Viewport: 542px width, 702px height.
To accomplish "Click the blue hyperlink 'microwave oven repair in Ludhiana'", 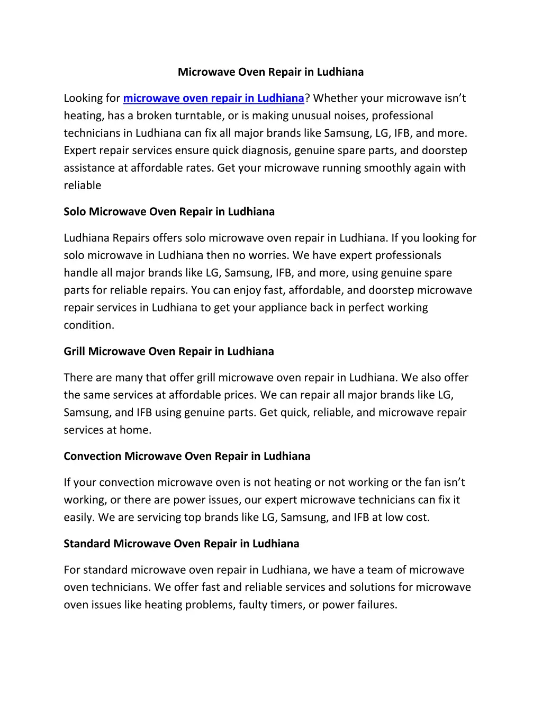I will pyautogui.click(x=213, y=98).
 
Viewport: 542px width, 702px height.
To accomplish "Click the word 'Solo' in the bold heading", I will pyautogui.click(x=75, y=211).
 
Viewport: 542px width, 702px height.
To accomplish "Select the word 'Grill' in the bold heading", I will pyautogui.click(x=75, y=351).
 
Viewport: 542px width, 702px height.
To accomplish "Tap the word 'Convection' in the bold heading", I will pyautogui.click(x=92, y=456).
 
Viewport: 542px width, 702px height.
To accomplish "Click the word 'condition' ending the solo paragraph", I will pyautogui.click(x=88, y=325).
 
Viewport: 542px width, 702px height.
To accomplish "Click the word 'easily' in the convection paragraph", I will pyautogui.click(x=78, y=517).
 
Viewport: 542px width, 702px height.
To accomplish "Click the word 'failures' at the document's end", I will pyautogui.click(x=377, y=605).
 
